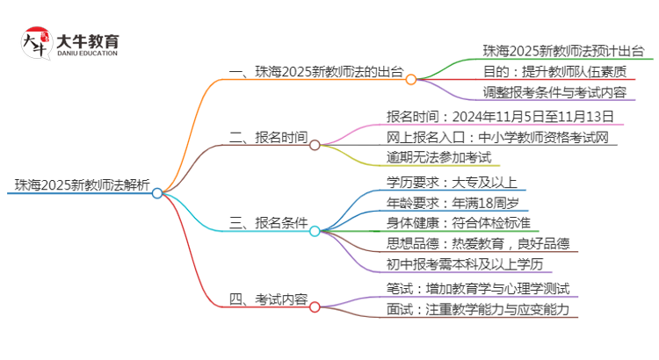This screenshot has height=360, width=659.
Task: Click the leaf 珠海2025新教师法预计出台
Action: click(562, 50)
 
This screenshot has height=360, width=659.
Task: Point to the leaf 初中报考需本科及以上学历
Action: click(464, 264)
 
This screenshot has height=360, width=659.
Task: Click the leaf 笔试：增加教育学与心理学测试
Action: click(478, 288)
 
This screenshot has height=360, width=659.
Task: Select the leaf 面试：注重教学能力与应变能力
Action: click(478, 309)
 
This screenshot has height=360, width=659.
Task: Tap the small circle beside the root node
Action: click(157, 193)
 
